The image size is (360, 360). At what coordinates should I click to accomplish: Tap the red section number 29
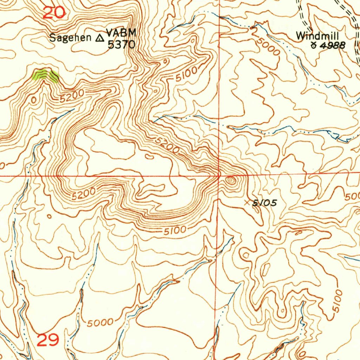tap(48, 340)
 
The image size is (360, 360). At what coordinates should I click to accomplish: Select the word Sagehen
tap(70, 38)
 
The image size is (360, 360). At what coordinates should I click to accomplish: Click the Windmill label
tap(317, 36)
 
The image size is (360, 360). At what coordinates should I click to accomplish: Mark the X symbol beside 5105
tap(250, 202)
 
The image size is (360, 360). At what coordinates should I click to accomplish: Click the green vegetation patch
tap(45, 75)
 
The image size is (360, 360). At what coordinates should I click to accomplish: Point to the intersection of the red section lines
tap(219, 175)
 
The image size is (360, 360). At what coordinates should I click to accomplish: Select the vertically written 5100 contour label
tap(337, 301)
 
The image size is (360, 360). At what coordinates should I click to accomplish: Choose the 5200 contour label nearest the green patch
tap(71, 96)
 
